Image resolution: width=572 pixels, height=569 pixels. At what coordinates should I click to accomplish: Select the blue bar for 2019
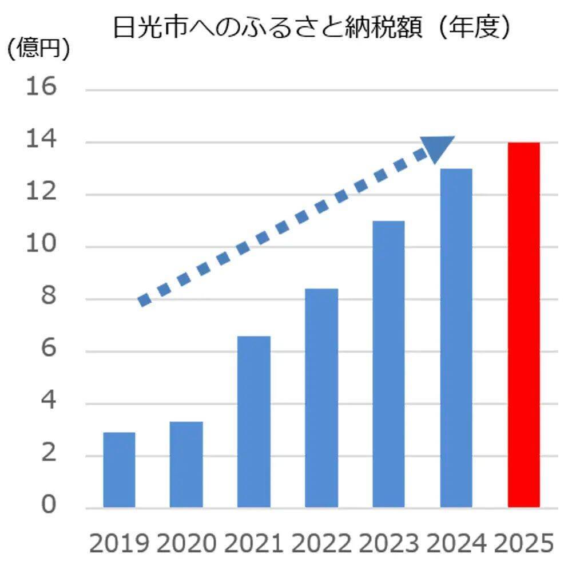(x=119, y=469)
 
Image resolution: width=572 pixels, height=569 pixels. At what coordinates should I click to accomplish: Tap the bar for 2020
(x=186, y=464)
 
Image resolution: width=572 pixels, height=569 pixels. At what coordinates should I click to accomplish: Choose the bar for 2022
(x=321, y=398)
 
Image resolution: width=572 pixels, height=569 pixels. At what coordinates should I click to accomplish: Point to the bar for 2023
(x=388, y=364)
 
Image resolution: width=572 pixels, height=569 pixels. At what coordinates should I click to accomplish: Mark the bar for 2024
(x=456, y=338)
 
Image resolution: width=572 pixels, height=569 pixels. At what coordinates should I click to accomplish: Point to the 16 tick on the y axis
(x=41, y=89)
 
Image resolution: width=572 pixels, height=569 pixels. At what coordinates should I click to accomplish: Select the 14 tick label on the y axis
(x=41, y=141)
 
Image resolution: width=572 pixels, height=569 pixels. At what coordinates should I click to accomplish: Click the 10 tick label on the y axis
(x=41, y=246)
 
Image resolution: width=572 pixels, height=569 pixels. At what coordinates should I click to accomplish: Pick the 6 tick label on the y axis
(x=48, y=351)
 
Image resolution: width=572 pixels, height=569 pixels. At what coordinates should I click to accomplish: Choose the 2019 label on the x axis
(x=119, y=543)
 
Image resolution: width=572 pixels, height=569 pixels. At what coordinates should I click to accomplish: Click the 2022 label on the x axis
(x=321, y=543)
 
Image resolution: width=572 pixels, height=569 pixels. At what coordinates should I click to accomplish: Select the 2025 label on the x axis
(x=523, y=543)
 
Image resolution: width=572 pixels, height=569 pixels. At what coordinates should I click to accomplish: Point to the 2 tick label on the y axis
(x=48, y=455)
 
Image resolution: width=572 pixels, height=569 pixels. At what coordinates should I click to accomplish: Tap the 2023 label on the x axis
(x=388, y=543)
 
